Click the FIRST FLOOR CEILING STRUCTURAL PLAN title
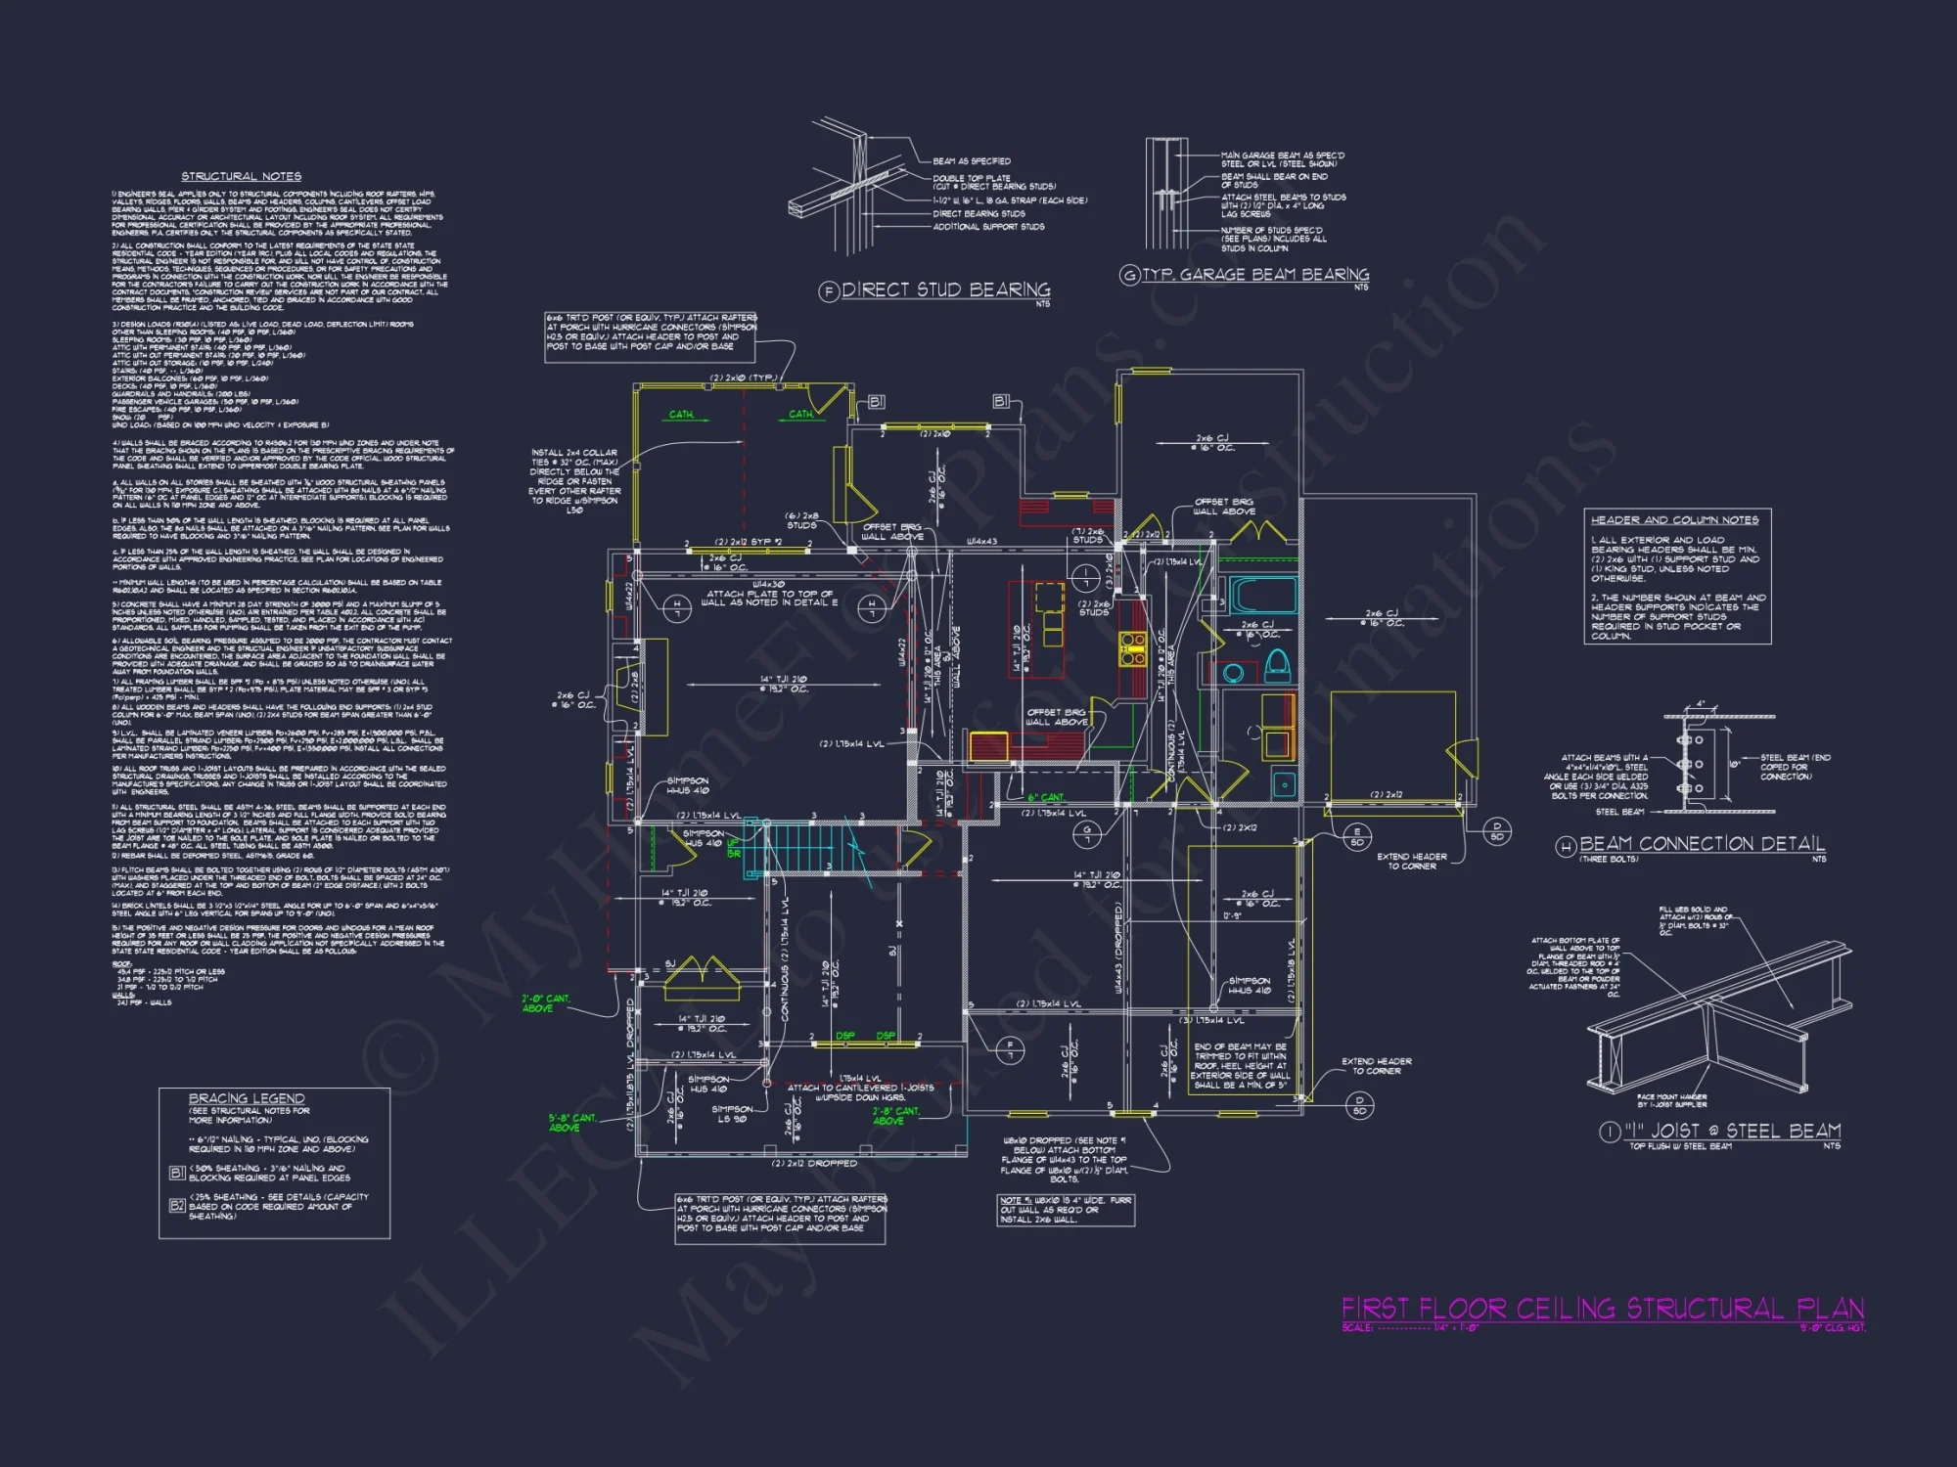pyautogui.click(x=1602, y=1309)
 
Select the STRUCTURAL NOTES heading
pyautogui.click(x=242, y=176)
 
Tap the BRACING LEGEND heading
pyautogui.click(x=247, y=1098)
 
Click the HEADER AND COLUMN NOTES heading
pyautogui.click(x=1674, y=520)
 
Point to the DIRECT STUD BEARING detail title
pyautogui.click(x=945, y=289)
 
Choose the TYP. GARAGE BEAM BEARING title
pyautogui.click(x=1255, y=275)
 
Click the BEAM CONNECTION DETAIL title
pyautogui.click(x=1702, y=843)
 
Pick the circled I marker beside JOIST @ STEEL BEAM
pyautogui.click(x=1609, y=1132)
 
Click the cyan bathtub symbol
pyautogui.click(x=1262, y=595)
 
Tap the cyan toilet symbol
pyautogui.click(x=1276, y=666)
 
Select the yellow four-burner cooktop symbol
pyautogui.click(x=1132, y=649)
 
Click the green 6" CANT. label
pyautogui.click(x=1045, y=797)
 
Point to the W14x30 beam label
pyautogui.click(x=769, y=584)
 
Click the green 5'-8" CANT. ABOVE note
pyautogui.click(x=571, y=1122)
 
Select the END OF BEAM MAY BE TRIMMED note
pyautogui.click(x=1240, y=1066)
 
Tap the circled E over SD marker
pyautogui.click(x=1356, y=836)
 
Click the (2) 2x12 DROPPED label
pyautogui.click(x=814, y=1163)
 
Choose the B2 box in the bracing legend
pyautogui.click(x=177, y=1206)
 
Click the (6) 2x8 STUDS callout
pyautogui.click(x=801, y=520)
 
